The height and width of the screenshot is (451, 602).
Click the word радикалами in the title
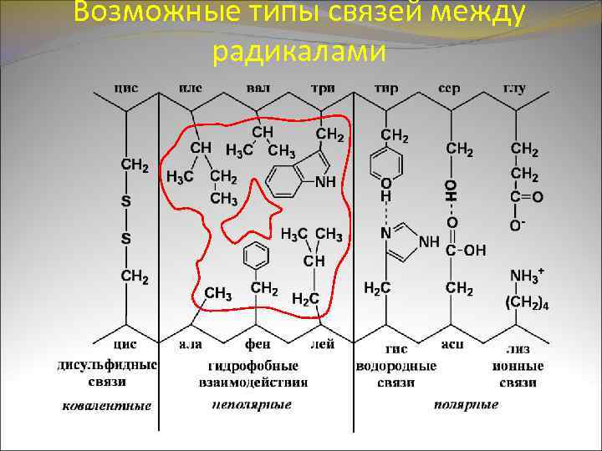(299, 52)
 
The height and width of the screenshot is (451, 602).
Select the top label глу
(514, 89)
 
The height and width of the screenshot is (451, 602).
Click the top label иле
(191, 89)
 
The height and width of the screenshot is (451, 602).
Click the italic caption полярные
(466, 405)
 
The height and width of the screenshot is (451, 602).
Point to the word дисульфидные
(108, 366)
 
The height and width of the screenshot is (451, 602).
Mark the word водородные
(395, 367)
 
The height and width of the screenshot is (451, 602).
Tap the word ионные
(523, 367)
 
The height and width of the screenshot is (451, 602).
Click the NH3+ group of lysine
(527, 275)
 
